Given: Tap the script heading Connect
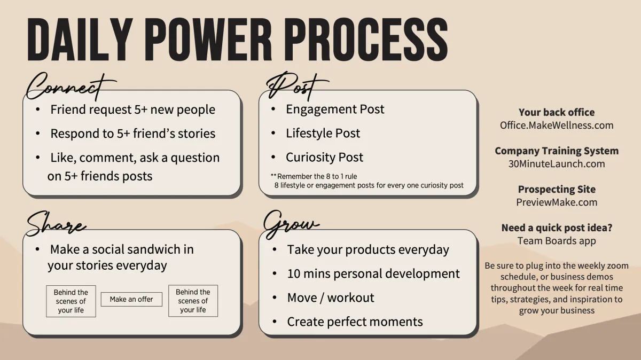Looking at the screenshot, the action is point(71,86).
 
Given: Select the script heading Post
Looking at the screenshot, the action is point(297,87).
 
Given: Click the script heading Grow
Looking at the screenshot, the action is point(291,224).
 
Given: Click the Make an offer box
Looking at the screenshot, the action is point(131,299).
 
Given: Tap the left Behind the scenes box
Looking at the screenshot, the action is point(71,301).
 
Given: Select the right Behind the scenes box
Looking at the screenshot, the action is point(193,301).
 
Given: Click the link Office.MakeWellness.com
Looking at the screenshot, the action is point(557,126).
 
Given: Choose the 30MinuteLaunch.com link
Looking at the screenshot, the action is point(557,163).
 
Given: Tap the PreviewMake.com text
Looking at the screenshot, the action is point(557,202).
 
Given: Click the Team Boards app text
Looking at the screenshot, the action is point(557,241).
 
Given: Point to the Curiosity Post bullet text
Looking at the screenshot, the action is point(325,157).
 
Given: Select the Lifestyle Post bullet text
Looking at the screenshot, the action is point(323,133).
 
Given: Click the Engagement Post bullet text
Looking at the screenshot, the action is point(335,109).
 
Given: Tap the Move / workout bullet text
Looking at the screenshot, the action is point(331,298).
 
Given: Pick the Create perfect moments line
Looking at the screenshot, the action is point(355,322).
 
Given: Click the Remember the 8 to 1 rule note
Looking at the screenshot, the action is point(314,176).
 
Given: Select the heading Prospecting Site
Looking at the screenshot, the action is point(557,189).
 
